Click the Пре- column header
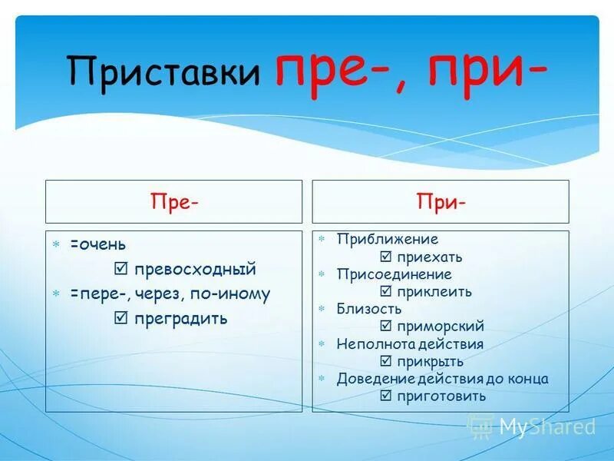tap(174, 202)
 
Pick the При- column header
tap(441, 202)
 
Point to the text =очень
tap(98, 244)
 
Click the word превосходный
tap(195, 270)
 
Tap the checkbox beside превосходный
tap(120, 270)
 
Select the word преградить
tap(181, 318)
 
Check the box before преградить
tap(120, 318)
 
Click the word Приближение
tap(388, 240)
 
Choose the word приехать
tap(430, 257)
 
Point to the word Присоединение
tap(394, 274)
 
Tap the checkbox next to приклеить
tap(385, 292)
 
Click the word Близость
tap(369, 309)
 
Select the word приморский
tap(441, 327)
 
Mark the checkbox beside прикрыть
tap(385, 362)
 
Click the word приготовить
tap(441, 396)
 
